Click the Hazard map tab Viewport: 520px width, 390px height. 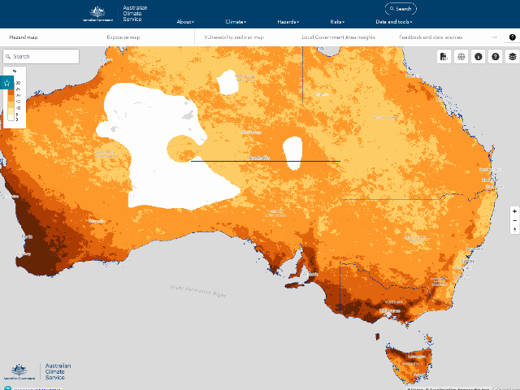point(24,37)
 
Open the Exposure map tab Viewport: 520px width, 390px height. point(123,37)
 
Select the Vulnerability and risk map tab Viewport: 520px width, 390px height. point(234,37)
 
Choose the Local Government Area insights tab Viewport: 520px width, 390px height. point(338,37)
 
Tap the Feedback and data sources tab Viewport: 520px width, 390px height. point(431,37)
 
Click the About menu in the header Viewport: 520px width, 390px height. point(185,22)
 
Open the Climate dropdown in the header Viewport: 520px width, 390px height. point(236,22)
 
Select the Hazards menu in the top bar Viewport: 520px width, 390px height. point(288,22)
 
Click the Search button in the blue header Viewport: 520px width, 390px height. point(401,9)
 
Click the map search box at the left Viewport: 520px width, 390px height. point(41,56)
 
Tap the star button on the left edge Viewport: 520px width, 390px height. point(6,83)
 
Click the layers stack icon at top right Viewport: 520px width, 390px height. point(512,57)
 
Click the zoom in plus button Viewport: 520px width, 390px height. point(514,211)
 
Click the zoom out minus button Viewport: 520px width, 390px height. point(514,220)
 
